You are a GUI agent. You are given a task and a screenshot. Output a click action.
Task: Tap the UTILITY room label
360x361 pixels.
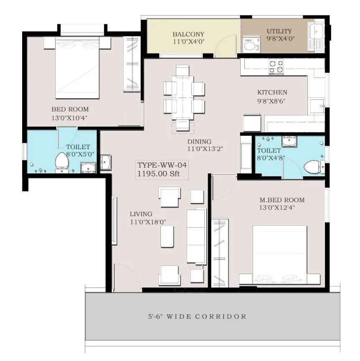coord(279,31)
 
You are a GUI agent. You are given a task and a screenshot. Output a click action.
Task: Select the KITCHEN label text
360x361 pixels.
coord(272,92)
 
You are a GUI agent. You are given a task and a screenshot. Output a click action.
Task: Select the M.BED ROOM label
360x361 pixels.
coord(282,200)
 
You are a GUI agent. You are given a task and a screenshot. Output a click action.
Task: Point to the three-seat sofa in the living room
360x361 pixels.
coord(196,236)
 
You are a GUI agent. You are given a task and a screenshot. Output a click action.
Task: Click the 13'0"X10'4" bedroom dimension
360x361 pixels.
coord(69,118)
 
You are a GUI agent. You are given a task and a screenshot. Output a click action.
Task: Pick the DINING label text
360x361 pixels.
coord(199,141)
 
